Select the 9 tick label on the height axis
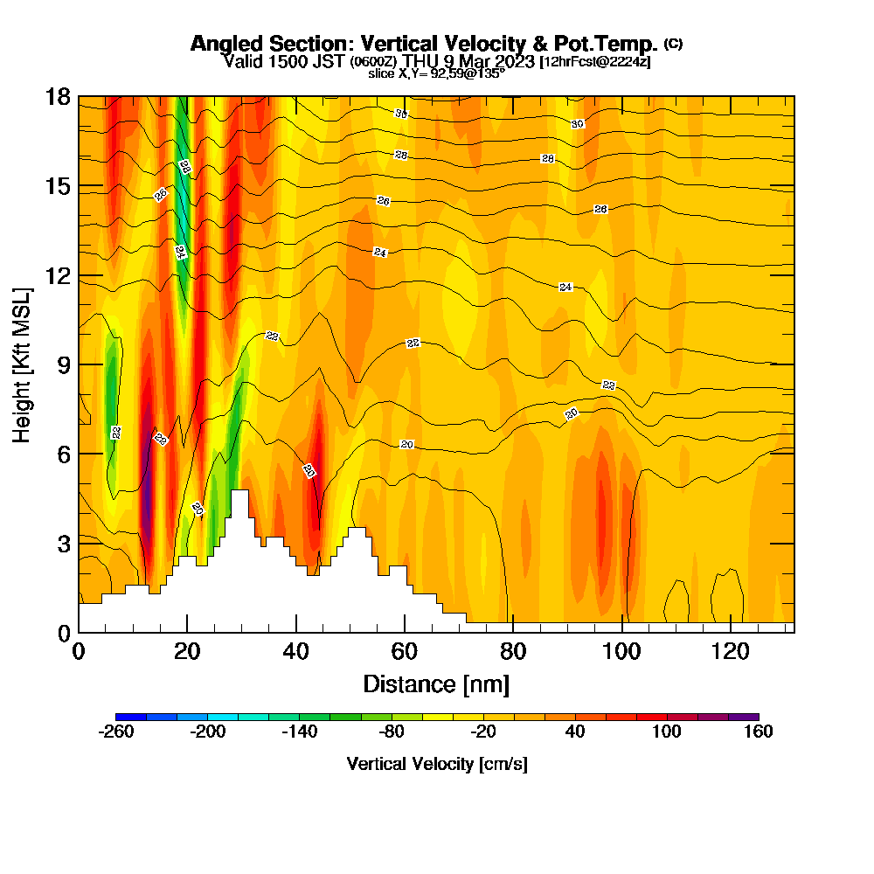click(x=63, y=364)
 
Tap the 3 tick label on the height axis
click(x=63, y=544)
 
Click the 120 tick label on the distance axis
click(x=731, y=651)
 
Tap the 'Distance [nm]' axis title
click(x=436, y=683)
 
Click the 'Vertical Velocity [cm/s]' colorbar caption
click(x=437, y=764)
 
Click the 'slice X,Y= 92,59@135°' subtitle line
click(x=436, y=74)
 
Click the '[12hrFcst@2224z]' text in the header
click(x=594, y=62)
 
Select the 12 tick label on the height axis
click(x=59, y=275)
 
